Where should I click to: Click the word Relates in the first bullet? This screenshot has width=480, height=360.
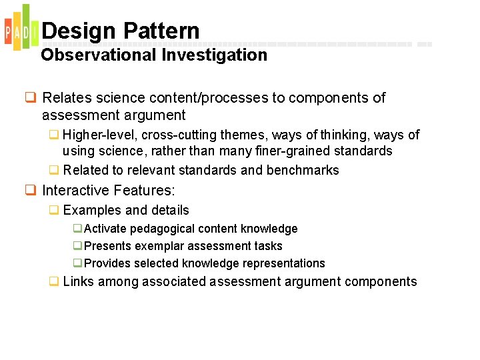coord(65,98)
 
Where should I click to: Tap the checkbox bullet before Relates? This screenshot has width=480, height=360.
coord(31,98)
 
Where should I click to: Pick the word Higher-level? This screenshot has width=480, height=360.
coord(98,135)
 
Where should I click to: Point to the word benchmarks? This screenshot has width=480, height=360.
coord(303,170)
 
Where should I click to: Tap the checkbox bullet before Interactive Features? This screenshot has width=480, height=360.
coord(31,190)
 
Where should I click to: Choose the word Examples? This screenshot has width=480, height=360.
coord(92,210)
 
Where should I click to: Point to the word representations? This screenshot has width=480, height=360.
coord(283,263)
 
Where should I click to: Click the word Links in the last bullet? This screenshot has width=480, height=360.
coord(79,281)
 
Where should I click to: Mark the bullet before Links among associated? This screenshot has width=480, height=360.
coord(53,281)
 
